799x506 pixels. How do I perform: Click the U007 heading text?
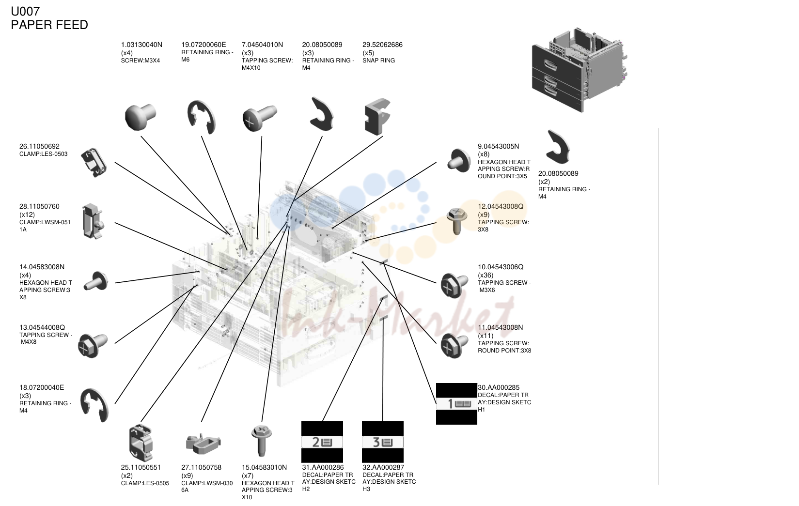click(25, 12)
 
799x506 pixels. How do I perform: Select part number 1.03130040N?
click(141, 45)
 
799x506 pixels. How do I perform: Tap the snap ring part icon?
click(378, 117)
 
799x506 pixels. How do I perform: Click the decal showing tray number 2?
click(322, 442)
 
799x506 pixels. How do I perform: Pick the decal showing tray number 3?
click(383, 442)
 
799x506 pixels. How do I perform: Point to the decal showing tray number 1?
click(456, 404)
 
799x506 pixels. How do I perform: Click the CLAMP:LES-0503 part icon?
click(94, 163)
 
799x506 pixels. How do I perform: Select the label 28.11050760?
click(39, 207)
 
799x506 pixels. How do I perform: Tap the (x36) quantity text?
click(486, 276)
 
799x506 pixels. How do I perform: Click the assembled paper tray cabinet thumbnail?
click(580, 70)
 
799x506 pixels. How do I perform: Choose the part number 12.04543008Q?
click(501, 207)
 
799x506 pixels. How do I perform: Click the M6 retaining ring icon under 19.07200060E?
click(201, 118)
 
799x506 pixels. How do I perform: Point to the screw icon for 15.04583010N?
click(262, 441)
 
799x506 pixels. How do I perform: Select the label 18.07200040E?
click(41, 388)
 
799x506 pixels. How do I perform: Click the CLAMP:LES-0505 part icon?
click(141, 443)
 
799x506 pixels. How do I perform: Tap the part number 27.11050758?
click(201, 468)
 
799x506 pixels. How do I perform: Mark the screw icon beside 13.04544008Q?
click(93, 345)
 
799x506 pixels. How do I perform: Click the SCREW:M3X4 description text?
click(141, 61)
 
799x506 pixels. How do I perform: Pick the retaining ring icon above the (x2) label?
click(558, 147)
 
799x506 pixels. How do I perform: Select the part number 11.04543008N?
click(501, 328)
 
